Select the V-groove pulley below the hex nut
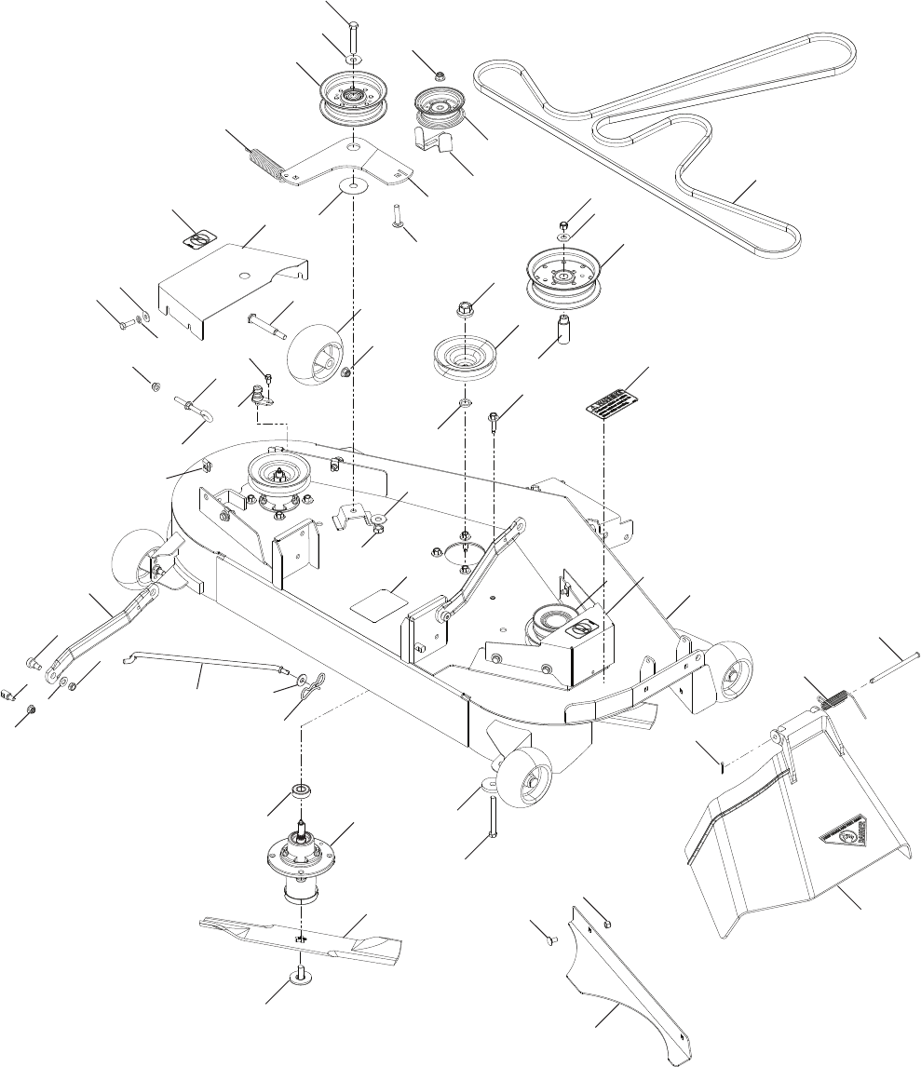click(x=464, y=357)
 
